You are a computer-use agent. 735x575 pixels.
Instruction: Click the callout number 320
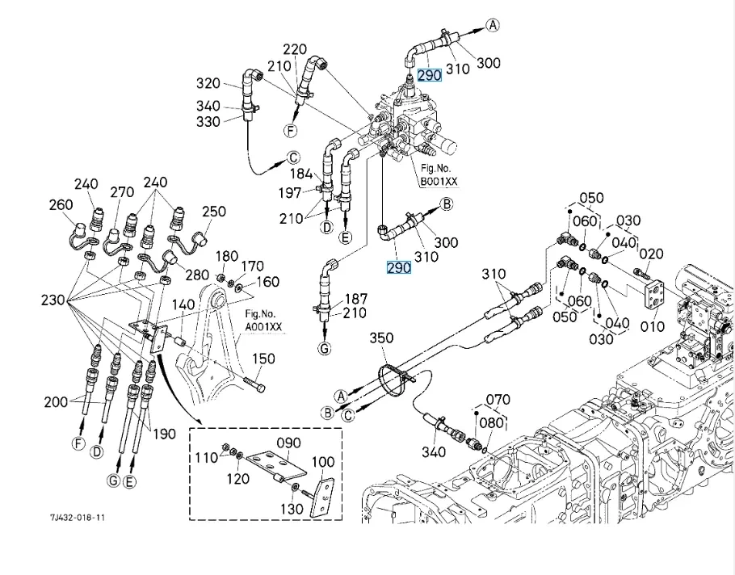(208, 83)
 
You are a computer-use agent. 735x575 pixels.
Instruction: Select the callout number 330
(208, 121)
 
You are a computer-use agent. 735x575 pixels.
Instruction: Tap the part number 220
(295, 50)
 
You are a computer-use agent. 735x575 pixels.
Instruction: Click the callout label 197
(290, 192)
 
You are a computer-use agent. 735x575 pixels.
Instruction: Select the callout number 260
(61, 205)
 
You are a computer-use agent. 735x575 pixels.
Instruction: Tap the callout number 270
(122, 192)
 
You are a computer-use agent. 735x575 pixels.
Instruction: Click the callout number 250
(214, 212)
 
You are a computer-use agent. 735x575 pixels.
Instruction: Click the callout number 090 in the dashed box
(288, 443)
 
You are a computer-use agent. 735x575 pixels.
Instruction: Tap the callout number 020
(651, 254)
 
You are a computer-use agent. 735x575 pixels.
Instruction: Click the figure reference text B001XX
(439, 182)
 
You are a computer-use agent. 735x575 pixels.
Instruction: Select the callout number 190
(164, 434)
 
